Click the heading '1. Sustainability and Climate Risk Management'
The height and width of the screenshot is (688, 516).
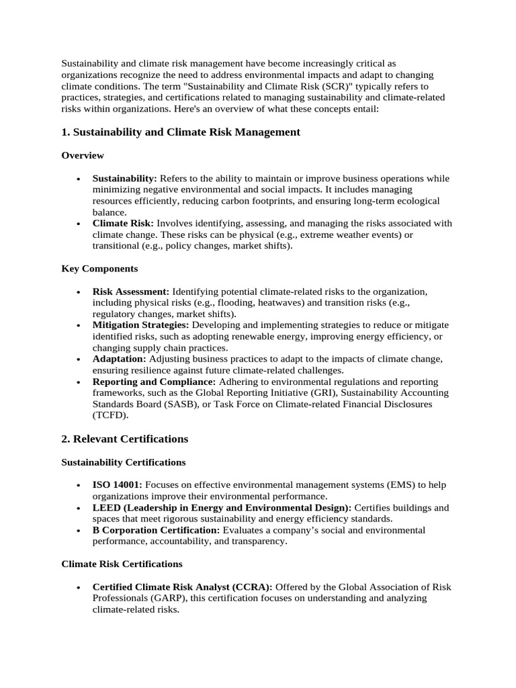click(x=181, y=132)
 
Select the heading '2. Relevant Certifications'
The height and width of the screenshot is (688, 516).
click(x=124, y=439)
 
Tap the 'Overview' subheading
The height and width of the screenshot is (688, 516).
click(x=83, y=155)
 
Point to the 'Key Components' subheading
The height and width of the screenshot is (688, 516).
click(x=99, y=268)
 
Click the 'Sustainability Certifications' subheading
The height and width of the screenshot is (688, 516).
click(x=123, y=462)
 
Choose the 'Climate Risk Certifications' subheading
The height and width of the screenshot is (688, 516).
click(x=122, y=564)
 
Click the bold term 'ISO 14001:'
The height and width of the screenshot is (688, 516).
click(x=117, y=485)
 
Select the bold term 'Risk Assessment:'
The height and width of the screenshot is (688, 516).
click(x=131, y=292)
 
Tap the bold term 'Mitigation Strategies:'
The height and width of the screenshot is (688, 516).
click(x=140, y=325)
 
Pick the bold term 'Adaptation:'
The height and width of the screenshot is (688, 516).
click(x=119, y=359)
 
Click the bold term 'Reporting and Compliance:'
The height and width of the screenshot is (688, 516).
click(x=154, y=382)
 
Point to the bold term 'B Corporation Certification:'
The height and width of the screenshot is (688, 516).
click(x=156, y=530)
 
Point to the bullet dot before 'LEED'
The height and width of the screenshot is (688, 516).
click(x=79, y=508)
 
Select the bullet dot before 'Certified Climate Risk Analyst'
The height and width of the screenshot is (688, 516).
click(x=79, y=587)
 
